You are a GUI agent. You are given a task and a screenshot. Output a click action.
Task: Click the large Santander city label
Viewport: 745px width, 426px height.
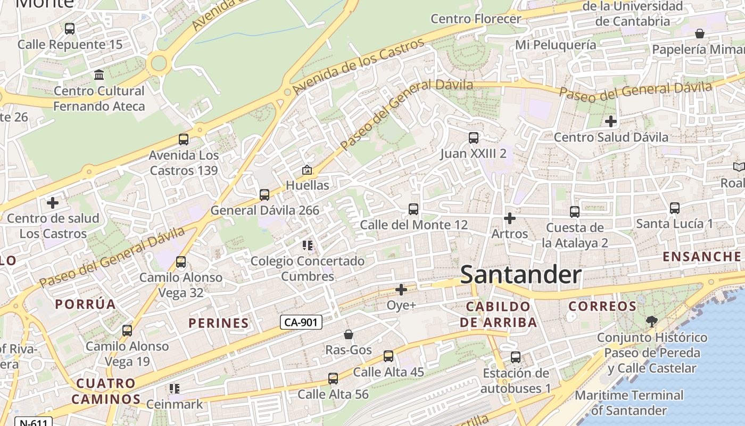[520, 275]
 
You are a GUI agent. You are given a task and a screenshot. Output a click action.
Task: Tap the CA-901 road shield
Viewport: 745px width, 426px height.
[301, 322]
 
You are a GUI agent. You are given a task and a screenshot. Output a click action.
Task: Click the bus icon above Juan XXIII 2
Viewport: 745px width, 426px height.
[474, 138]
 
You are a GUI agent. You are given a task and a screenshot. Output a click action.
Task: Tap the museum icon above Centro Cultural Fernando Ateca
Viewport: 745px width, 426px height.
[99, 75]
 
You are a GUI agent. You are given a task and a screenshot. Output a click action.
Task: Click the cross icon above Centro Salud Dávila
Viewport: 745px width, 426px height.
[610, 121]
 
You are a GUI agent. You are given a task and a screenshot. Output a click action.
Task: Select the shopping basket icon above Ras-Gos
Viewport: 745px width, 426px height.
[349, 334]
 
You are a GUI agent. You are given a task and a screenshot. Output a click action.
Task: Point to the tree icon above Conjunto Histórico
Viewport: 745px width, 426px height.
[651, 321]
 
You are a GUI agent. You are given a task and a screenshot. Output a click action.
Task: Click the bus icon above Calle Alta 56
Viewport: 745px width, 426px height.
[333, 379]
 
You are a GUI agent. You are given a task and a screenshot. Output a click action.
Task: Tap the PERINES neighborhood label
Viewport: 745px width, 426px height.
[219, 323]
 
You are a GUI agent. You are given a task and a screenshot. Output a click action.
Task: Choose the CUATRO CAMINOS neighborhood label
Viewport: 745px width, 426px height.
[106, 391]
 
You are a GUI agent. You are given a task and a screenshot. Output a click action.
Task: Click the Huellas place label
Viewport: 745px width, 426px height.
[308, 185]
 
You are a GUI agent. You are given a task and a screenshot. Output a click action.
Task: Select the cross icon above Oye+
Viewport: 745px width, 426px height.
[401, 290]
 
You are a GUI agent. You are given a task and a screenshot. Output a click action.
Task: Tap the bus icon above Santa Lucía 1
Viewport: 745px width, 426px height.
[675, 208]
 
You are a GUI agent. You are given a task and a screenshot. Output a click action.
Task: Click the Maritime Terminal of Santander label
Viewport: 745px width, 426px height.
[629, 403]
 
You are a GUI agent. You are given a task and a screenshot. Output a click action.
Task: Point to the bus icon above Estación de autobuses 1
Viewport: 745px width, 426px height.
[515, 357]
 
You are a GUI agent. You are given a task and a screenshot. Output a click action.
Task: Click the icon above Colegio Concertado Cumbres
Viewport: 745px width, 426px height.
[308, 245]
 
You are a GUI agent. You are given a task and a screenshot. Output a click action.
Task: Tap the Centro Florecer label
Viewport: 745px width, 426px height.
[476, 19]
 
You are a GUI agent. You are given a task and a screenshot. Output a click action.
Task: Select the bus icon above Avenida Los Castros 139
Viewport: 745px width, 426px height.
[184, 140]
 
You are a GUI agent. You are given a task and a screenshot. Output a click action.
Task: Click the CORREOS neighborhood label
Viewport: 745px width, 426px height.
[602, 306]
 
